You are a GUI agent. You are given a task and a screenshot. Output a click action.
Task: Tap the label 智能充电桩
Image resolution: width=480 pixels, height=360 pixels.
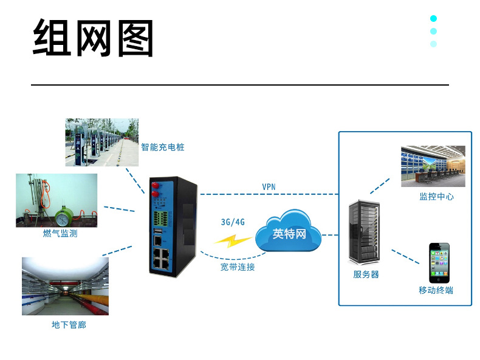[163, 148]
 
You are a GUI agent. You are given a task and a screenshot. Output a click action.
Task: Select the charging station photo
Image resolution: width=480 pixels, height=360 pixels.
[101, 142]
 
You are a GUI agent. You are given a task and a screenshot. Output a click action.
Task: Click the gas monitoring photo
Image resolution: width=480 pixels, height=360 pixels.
[57, 200]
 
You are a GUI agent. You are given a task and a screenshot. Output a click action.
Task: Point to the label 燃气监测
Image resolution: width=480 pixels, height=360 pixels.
[60, 234]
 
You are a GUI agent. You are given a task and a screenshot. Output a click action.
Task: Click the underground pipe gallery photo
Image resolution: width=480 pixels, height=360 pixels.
[65, 286]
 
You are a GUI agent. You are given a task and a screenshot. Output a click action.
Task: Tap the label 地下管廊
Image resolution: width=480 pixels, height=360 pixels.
[69, 325]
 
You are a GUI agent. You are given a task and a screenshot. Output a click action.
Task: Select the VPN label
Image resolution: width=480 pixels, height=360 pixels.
[269, 187]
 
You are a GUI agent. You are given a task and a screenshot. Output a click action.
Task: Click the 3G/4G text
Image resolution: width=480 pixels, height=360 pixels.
[233, 222]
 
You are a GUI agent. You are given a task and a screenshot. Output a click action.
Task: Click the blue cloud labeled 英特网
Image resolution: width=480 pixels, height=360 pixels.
[289, 233]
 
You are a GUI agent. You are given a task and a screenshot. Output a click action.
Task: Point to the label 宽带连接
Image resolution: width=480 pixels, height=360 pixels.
[238, 267]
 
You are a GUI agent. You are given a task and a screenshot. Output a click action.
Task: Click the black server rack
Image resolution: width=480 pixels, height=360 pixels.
[366, 233]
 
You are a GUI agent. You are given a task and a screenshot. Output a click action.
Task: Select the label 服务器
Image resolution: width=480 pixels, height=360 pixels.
[366, 274]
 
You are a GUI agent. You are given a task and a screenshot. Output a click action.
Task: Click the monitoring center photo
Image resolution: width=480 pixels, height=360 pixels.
[433, 166]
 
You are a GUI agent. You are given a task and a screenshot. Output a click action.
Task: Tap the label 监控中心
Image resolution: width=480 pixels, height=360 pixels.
[436, 197]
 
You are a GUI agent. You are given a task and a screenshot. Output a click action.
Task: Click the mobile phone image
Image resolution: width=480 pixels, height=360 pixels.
[439, 263]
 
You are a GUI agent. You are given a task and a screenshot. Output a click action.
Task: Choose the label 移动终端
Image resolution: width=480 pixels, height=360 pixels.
[436, 290]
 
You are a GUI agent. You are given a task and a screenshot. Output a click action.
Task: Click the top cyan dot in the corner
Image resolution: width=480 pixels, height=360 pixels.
[434, 18]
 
